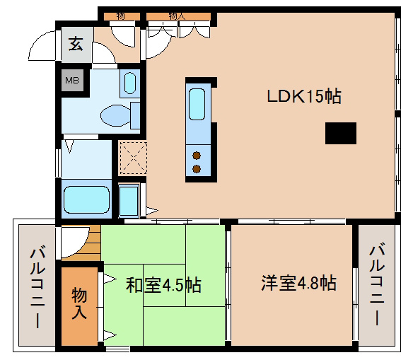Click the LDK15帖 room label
(x=304, y=96)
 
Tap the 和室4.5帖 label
(x=163, y=285)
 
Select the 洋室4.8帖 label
(x=298, y=283)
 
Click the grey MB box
(x=72, y=80)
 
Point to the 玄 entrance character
(x=76, y=44)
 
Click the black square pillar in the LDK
(x=341, y=133)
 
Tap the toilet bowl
(x=116, y=115)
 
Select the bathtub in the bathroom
(x=86, y=199)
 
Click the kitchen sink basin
(x=197, y=104)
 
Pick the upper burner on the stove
(x=197, y=156)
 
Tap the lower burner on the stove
(x=197, y=169)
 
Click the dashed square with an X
(x=133, y=158)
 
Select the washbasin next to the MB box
(x=130, y=83)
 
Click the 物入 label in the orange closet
(x=79, y=303)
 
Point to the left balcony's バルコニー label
(x=37, y=286)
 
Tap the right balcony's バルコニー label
(x=377, y=285)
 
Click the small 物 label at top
(x=120, y=16)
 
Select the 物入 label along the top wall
(x=177, y=16)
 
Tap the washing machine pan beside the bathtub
(x=129, y=200)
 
